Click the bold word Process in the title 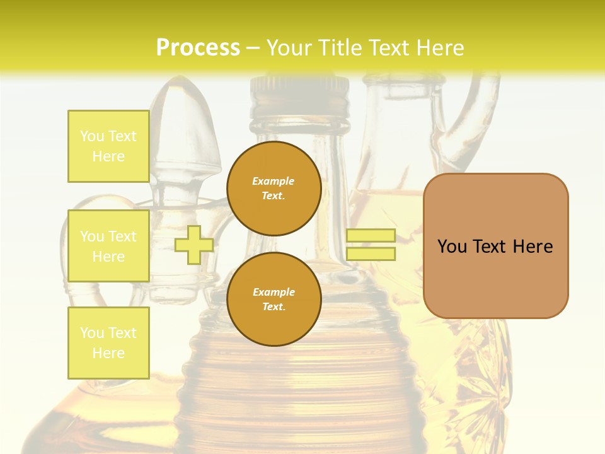click(x=198, y=47)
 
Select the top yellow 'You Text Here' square click(x=108, y=146)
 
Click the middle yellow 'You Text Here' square click(x=108, y=246)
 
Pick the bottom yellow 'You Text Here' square click(x=108, y=343)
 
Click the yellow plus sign click(x=194, y=245)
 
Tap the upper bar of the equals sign click(x=371, y=235)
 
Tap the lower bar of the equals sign click(x=371, y=253)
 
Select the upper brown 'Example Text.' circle click(x=274, y=189)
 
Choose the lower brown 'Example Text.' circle click(x=274, y=300)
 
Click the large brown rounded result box click(x=495, y=277)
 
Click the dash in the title click(x=253, y=48)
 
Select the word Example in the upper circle click(x=274, y=181)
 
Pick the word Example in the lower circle click(x=274, y=292)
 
